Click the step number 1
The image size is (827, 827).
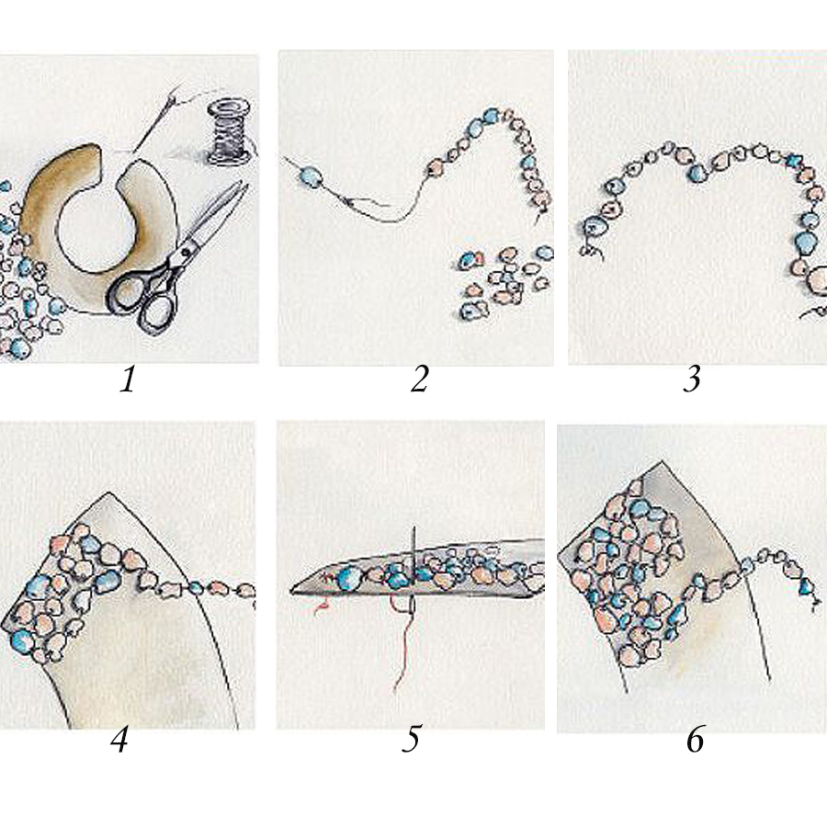127,380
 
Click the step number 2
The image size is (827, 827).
419,380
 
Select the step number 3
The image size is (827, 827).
692,380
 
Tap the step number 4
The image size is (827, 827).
119,740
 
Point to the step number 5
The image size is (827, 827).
412,739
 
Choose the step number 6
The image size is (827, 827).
696,740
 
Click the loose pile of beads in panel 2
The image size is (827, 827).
504,282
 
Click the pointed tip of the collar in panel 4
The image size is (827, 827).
108,493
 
